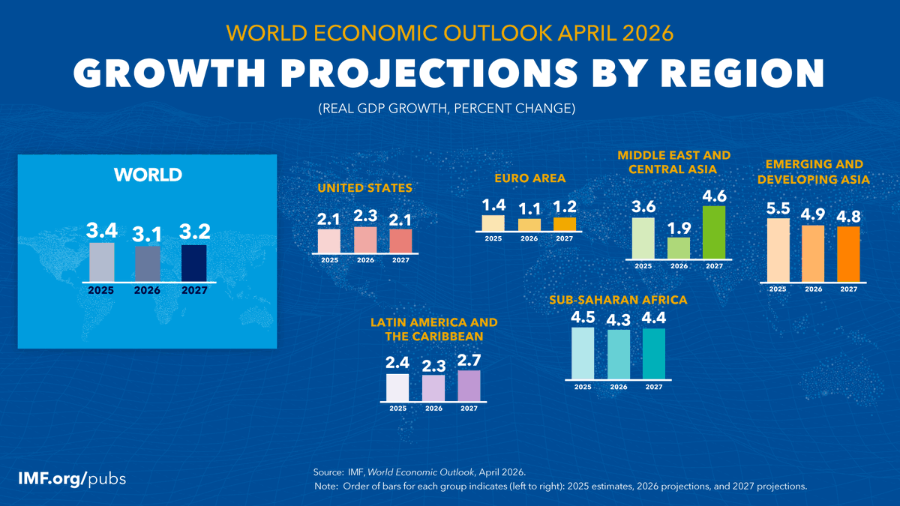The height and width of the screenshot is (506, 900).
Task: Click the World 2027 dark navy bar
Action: tap(193, 263)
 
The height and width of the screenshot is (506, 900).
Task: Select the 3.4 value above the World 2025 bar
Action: tap(102, 228)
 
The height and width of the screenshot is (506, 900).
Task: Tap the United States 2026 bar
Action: tap(365, 240)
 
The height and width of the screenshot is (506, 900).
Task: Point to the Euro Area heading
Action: tap(529, 178)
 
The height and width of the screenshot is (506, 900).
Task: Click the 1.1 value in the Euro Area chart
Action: tap(529, 207)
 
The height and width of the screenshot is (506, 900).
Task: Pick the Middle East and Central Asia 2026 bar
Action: tap(679, 248)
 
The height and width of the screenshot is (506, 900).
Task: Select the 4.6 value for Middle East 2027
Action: tap(714, 195)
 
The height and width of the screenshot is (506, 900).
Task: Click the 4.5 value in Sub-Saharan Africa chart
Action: tap(583, 317)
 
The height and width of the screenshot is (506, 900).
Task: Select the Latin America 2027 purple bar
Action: tap(469, 386)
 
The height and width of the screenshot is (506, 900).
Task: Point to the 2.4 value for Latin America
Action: tap(397, 363)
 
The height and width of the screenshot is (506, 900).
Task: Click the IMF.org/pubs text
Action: tap(72, 478)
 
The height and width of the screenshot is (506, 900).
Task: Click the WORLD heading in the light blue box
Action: tap(148, 175)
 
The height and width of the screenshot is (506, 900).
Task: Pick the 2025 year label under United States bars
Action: tap(329, 260)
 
